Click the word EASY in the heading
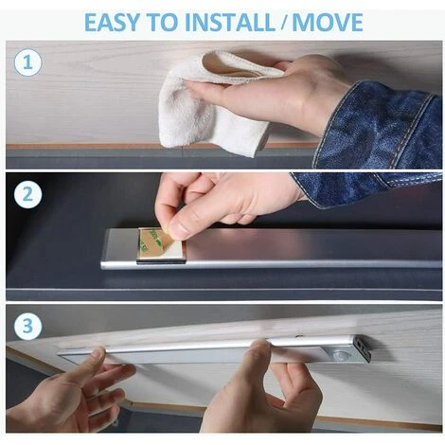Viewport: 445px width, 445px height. tap(112, 22)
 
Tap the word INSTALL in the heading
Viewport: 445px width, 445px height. tap(230, 22)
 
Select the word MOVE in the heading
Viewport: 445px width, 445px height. tap(328, 22)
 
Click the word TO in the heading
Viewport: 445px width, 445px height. tap(162, 22)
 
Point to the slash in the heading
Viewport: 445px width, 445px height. tap(283, 23)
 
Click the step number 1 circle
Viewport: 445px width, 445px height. tap(27, 62)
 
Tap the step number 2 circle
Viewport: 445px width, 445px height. tap(27, 194)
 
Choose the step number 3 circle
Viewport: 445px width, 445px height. tap(27, 326)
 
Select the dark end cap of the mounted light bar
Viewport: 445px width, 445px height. tap(362, 349)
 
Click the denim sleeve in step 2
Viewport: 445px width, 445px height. tap(363, 187)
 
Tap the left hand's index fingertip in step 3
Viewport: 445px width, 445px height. tap(98, 352)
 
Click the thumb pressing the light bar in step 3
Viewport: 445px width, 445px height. tap(262, 355)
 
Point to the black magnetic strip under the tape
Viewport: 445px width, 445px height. tap(160, 260)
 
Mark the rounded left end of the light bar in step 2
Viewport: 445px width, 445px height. tap(104, 249)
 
